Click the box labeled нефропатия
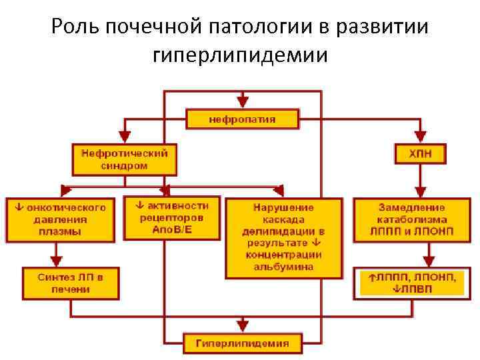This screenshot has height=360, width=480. (x=242, y=120)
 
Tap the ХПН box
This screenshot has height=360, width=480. (x=420, y=153)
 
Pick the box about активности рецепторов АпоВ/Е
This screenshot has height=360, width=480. (x=172, y=217)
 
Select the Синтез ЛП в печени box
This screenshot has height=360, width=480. (x=71, y=283)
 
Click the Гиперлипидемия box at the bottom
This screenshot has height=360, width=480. (x=242, y=343)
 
